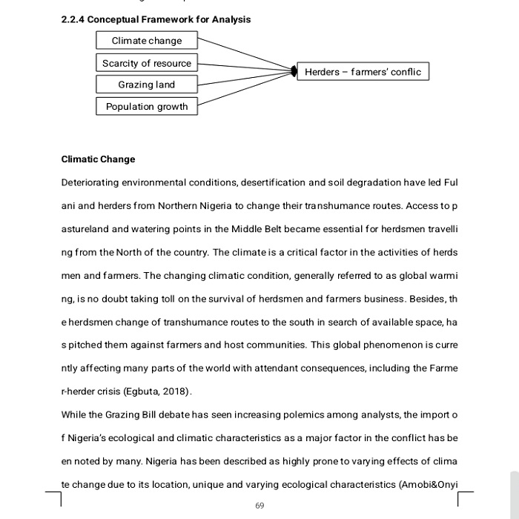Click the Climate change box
(147, 41)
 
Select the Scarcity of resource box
(147, 63)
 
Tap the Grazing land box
(147, 85)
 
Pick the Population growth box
(147, 107)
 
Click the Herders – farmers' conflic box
(363, 72)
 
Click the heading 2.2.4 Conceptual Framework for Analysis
(156, 19)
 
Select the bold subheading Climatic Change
(98, 159)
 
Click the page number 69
(259, 506)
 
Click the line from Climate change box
(245, 56)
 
